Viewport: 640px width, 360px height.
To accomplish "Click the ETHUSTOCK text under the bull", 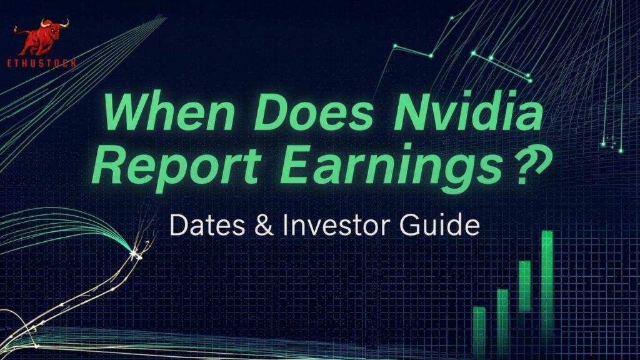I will click(43, 64).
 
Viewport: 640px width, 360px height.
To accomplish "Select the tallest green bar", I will click(547, 281).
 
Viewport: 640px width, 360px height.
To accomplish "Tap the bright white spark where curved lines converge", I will click(134, 253).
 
